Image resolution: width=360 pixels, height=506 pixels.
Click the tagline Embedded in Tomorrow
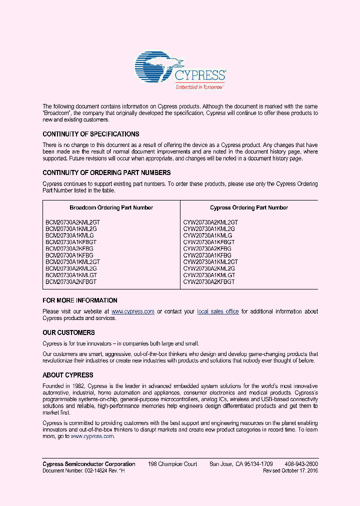(199, 87)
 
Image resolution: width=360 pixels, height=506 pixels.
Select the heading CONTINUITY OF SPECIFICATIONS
(91, 134)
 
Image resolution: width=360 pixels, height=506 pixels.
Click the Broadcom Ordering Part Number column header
(111, 207)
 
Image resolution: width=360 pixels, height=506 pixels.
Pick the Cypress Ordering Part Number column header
(249, 207)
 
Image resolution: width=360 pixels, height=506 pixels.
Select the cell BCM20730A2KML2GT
(73, 222)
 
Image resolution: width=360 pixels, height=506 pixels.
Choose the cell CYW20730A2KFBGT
(208, 282)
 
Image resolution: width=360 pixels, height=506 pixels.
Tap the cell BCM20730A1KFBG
(69, 255)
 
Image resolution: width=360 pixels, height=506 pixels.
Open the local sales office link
(218, 311)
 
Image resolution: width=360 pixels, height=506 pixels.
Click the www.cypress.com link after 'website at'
(132, 311)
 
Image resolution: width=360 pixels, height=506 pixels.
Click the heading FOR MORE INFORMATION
(80, 300)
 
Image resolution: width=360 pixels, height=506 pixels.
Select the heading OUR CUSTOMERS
(68, 332)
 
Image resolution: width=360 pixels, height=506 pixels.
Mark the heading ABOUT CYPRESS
(68, 375)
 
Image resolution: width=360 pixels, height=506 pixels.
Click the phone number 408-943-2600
(301, 464)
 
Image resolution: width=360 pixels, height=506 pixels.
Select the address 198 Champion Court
(172, 464)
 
